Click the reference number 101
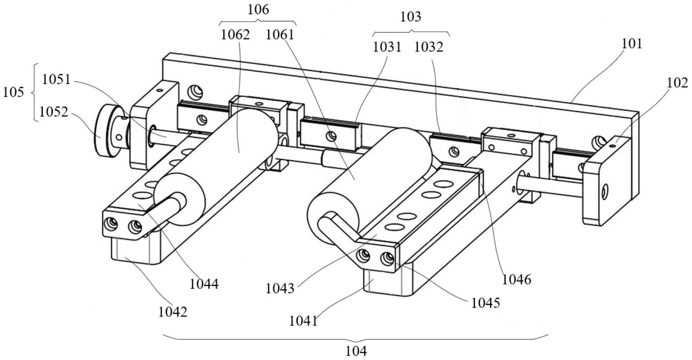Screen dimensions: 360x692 (x=632, y=43)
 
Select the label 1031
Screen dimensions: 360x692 (x=387, y=47)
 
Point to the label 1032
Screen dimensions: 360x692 (x=429, y=47)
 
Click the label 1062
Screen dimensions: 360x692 (x=235, y=35)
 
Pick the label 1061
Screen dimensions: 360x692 (x=280, y=35)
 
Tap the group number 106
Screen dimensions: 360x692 (x=258, y=10)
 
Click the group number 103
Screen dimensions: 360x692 (x=410, y=17)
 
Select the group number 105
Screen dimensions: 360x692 (x=13, y=92)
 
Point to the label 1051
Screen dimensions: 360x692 (x=56, y=79)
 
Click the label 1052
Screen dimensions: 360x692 (x=54, y=112)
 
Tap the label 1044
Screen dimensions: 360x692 (x=204, y=284)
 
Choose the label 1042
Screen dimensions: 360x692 (x=172, y=312)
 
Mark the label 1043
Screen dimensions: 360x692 (x=280, y=288)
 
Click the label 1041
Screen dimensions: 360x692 (x=303, y=321)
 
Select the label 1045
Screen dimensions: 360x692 (x=485, y=303)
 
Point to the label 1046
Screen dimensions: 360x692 (x=517, y=279)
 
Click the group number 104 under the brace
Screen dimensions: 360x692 (x=356, y=351)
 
